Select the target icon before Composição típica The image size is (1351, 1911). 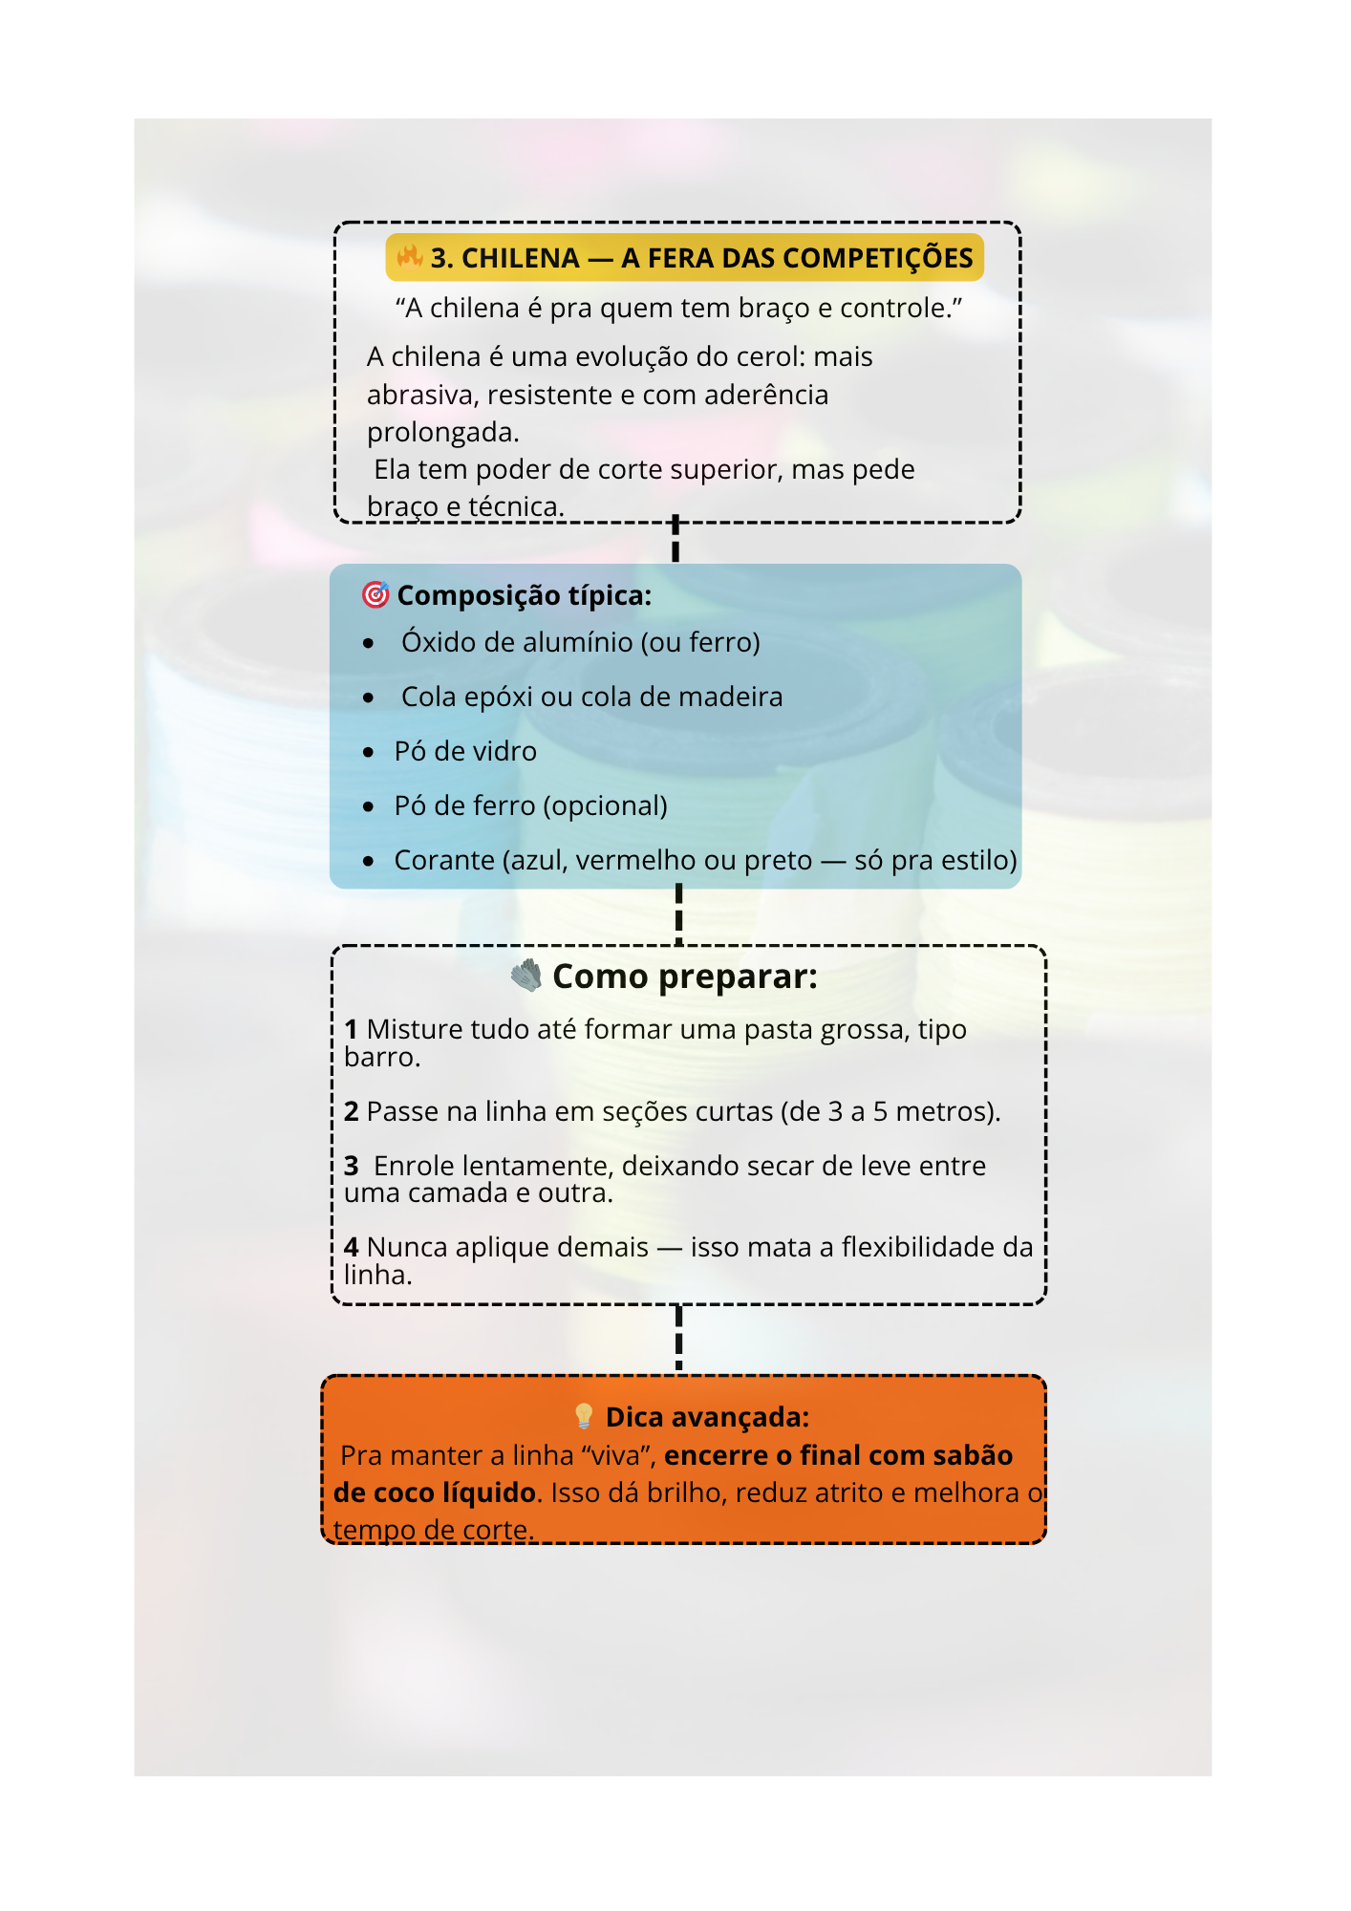[375, 594]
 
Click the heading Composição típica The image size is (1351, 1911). [524, 595]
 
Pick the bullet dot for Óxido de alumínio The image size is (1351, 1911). [369, 644]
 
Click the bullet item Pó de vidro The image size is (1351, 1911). [465, 751]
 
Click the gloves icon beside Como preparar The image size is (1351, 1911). [525, 976]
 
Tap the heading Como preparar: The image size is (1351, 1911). [685, 977]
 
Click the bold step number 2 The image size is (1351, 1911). [352, 1111]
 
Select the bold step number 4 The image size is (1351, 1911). [352, 1247]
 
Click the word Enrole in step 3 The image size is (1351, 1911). [414, 1166]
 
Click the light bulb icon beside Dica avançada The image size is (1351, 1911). [584, 1416]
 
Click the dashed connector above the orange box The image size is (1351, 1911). [678, 1339]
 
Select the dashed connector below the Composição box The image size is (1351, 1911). [678, 915]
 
